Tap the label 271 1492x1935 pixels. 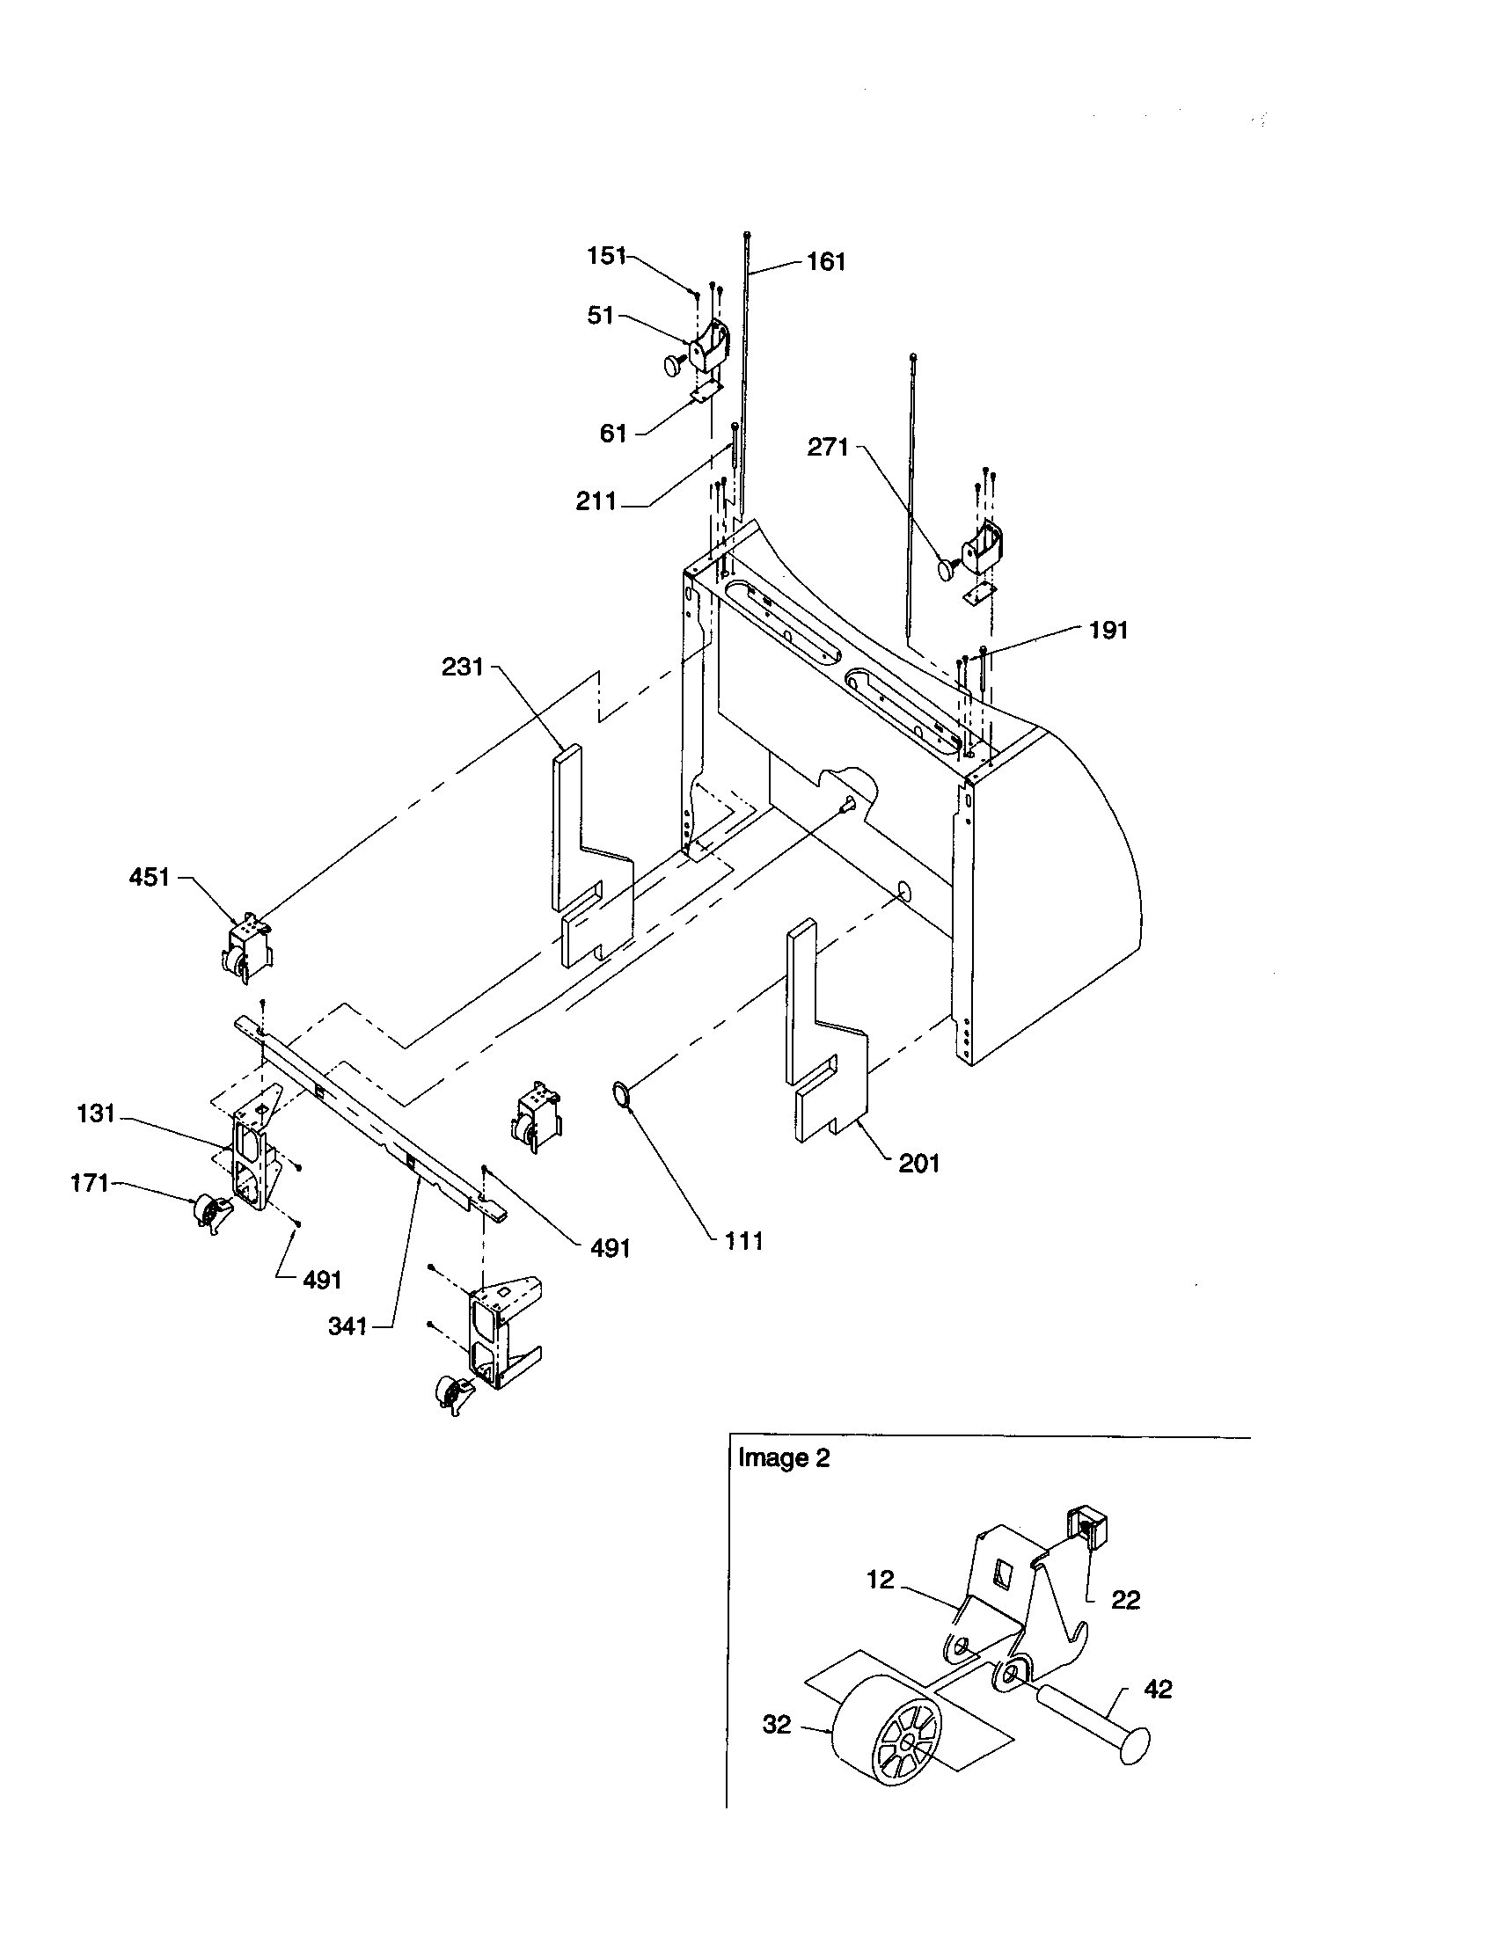click(x=828, y=448)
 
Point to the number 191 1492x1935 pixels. click(x=1108, y=630)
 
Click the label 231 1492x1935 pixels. click(x=463, y=667)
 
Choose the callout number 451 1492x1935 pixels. click(x=149, y=877)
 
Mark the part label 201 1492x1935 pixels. click(x=918, y=1164)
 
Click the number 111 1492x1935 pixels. click(x=743, y=1241)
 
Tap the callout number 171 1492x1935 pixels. click(x=90, y=1183)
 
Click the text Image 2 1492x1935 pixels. click(x=784, y=1457)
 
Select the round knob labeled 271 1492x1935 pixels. click(x=948, y=568)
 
